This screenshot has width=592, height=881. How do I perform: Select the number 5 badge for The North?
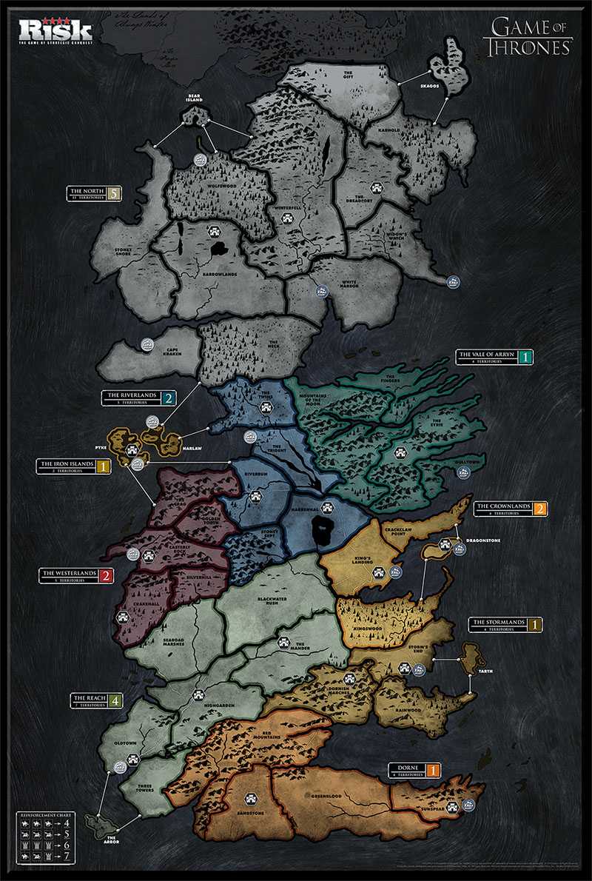coord(113,194)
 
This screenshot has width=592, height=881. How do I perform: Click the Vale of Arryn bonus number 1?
coord(526,357)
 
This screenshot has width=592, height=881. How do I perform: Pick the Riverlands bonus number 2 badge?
coord(169,398)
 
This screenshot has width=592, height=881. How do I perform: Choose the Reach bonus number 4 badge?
coord(115,699)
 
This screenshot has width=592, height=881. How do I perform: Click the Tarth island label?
coord(485,671)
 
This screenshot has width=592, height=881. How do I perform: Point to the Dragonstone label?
coord(484,540)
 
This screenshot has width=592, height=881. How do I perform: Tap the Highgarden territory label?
coord(220,706)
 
